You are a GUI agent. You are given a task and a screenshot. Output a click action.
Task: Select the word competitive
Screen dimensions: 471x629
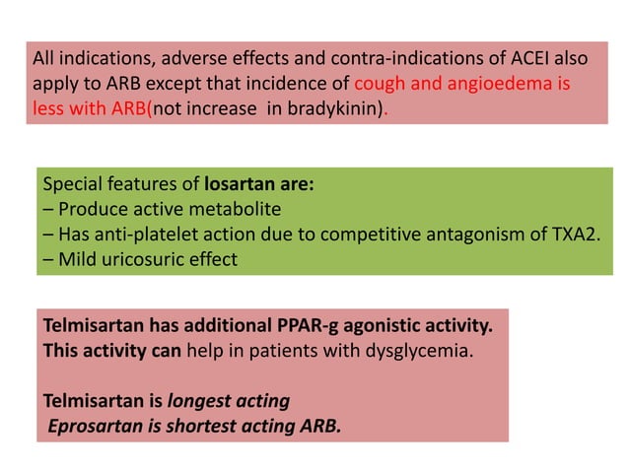click(380, 235)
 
